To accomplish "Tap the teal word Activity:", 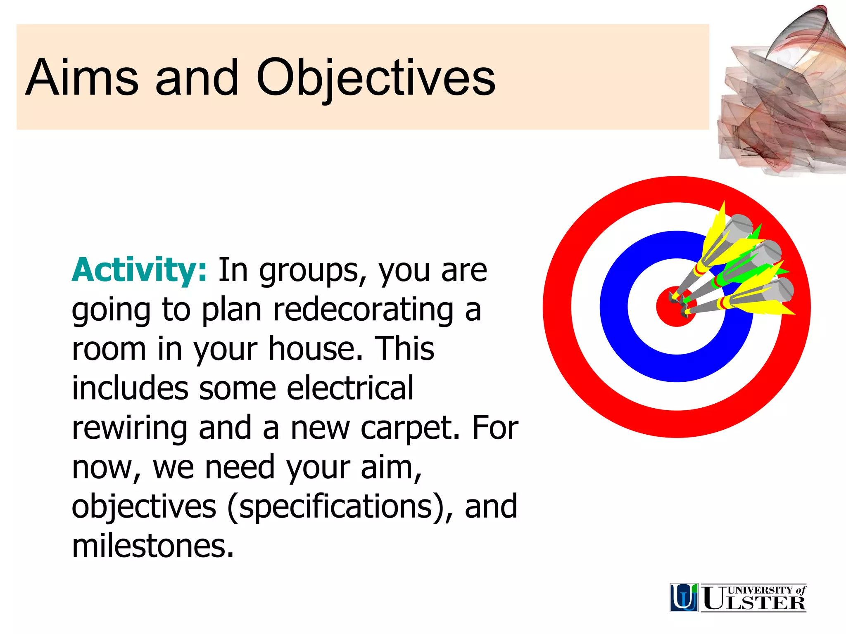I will pos(139,270).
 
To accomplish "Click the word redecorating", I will pos(363,310).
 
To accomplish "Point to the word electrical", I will pos(349,388).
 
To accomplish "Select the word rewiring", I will pos(129,428).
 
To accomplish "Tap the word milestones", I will pos(153,546).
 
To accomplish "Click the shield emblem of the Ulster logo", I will pos(684,597).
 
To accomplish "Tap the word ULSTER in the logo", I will pos(753,603).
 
